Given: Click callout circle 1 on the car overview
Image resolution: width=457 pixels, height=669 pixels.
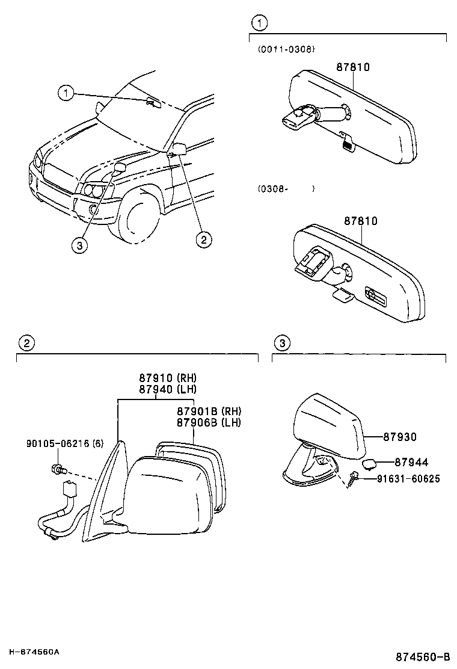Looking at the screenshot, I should [66, 93].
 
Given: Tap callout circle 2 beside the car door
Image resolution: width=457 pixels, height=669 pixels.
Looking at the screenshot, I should [204, 239].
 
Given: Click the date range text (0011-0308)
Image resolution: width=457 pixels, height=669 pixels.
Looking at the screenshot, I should [286, 49].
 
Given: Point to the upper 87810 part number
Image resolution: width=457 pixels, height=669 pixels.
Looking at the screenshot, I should [352, 67].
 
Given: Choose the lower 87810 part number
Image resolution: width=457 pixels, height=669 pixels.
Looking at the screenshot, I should [361, 221].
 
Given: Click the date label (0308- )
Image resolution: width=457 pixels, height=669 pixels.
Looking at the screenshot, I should [286, 188].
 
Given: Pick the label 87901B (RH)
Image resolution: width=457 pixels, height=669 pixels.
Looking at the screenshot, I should [209, 411].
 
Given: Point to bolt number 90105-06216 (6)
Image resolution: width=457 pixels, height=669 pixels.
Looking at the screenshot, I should [65, 444].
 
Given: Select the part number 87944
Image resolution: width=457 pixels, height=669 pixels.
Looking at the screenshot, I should [411, 462].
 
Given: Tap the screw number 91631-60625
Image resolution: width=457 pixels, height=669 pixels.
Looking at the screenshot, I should [408, 479].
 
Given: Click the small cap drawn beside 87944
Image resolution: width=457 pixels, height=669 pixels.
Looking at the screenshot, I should [369, 463].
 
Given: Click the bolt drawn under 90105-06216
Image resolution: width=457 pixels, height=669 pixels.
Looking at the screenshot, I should [58, 468].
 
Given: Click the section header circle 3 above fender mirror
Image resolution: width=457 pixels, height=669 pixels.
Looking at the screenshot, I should [282, 343].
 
